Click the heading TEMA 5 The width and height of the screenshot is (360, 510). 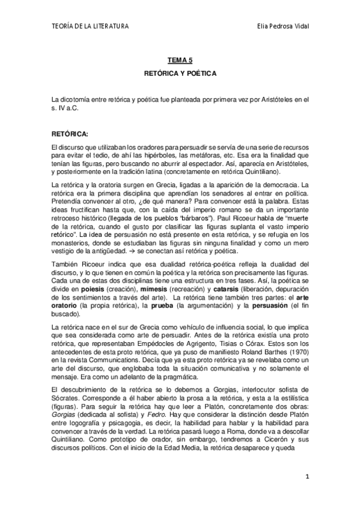(180, 61)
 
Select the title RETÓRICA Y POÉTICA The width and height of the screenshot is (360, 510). (180, 73)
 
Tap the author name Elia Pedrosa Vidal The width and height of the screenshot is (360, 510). (282, 26)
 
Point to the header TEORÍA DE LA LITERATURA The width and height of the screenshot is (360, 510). (90, 26)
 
